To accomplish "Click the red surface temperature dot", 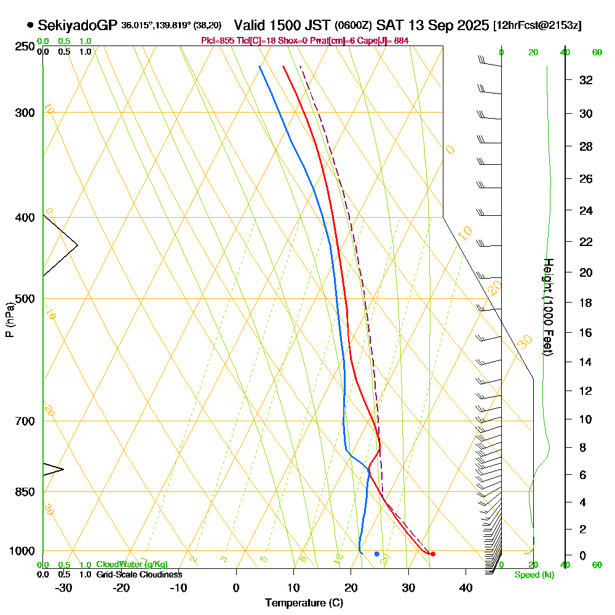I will point(433,554).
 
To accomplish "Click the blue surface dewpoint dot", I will point(377,554).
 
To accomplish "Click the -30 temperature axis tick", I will point(64,588).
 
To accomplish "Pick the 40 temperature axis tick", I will point(466,588).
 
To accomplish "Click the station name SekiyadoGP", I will point(77,25).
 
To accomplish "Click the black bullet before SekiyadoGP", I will point(30,26).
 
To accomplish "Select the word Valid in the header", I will point(250,25).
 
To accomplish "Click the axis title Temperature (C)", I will point(304,603).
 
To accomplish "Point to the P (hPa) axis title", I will point(9,319).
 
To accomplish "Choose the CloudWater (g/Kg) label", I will point(132,565).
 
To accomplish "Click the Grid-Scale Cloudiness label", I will point(139,574).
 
